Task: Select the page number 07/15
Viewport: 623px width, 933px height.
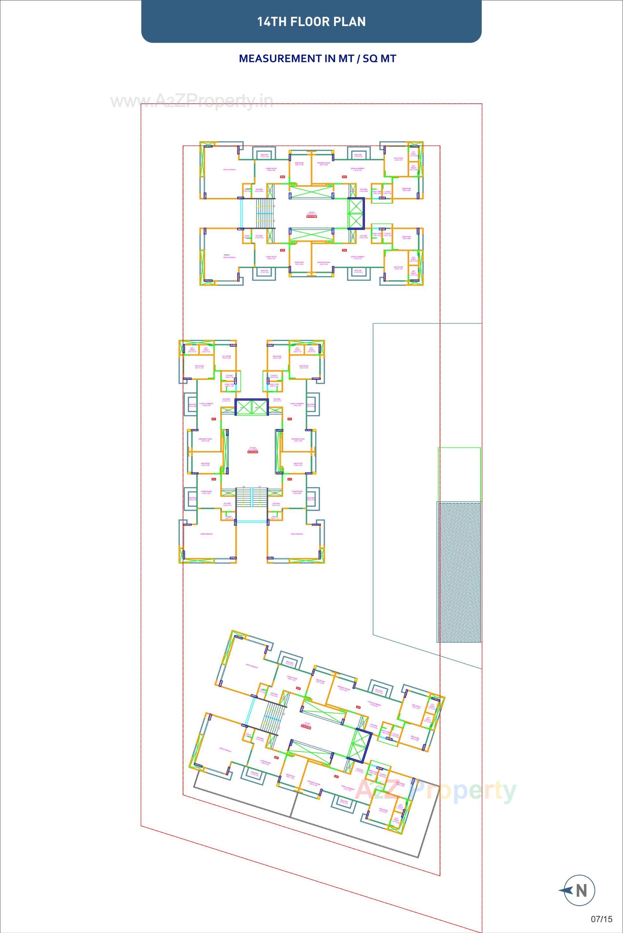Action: (602, 919)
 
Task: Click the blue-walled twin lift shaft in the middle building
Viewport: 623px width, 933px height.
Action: (252, 408)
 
